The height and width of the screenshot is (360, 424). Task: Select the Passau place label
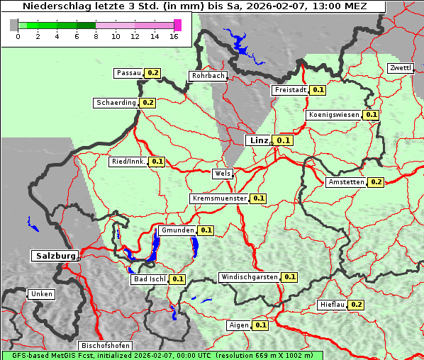pyautogui.click(x=128, y=73)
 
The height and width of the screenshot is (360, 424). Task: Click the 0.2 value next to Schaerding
pyautogui.click(x=147, y=103)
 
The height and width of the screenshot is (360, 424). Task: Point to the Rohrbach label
pyautogui.click(x=207, y=76)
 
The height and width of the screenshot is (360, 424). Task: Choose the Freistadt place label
pyautogui.click(x=291, y=90)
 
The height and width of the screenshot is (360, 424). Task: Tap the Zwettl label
pyautogui.click(x=400, y=68)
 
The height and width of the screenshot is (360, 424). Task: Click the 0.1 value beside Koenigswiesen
pyautogui.click(x=372, y=115)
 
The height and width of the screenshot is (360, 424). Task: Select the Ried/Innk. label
pyautogui.click(x=128, y=162)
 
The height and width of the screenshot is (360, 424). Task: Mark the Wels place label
pyautogui.click(x=222, y=174)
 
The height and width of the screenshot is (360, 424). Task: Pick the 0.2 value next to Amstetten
pyautogui.click(x=376, y=182)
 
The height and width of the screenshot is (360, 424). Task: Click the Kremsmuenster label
pyautogui.click(x=219, y=198)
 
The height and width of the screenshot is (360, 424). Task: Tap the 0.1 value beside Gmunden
pyautogui.click(x=206, y=230)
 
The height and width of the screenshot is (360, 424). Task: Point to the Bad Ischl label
pyautogui.click(x=149, y=279)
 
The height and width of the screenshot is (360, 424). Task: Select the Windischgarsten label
pyautogui.click(x=249, y=277)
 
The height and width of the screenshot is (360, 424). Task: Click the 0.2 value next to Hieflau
pyautogui.click(x=356, y=305)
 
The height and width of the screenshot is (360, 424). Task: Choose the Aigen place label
pyautogui.click(x=239, y=325)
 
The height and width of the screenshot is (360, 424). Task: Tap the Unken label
pyautogui.click(x=41, y=294)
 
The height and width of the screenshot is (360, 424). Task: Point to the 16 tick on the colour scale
pyautogui.click(x=175, y=35)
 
